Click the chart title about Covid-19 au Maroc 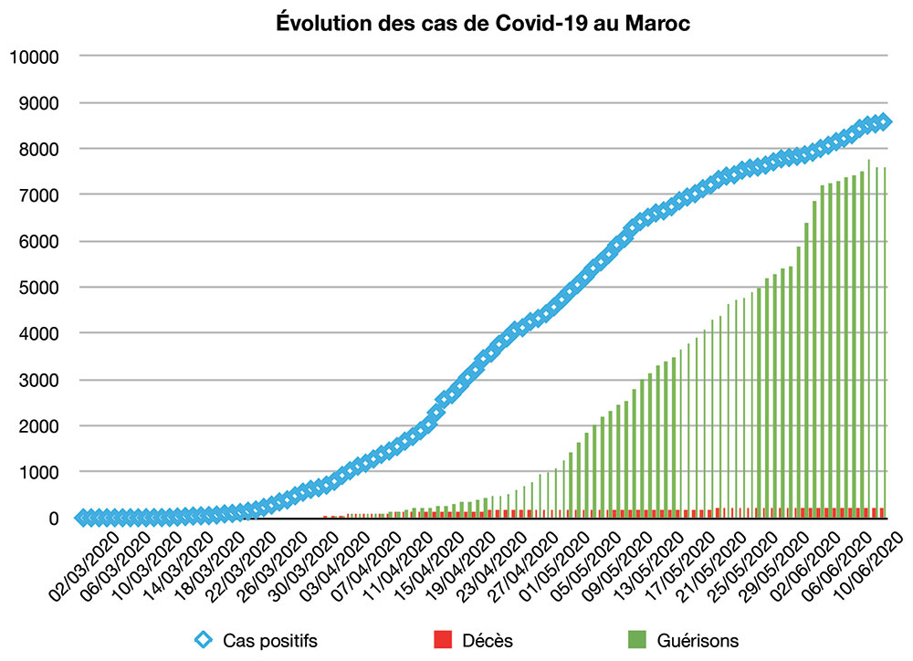(x=483, y=24)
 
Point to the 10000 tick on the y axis (x=34, y=57)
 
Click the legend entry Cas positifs (x=269, y=641)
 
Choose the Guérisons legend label (x=698, y=641)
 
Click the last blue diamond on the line (x=884, y=121)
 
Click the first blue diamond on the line (x=83, y=518)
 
